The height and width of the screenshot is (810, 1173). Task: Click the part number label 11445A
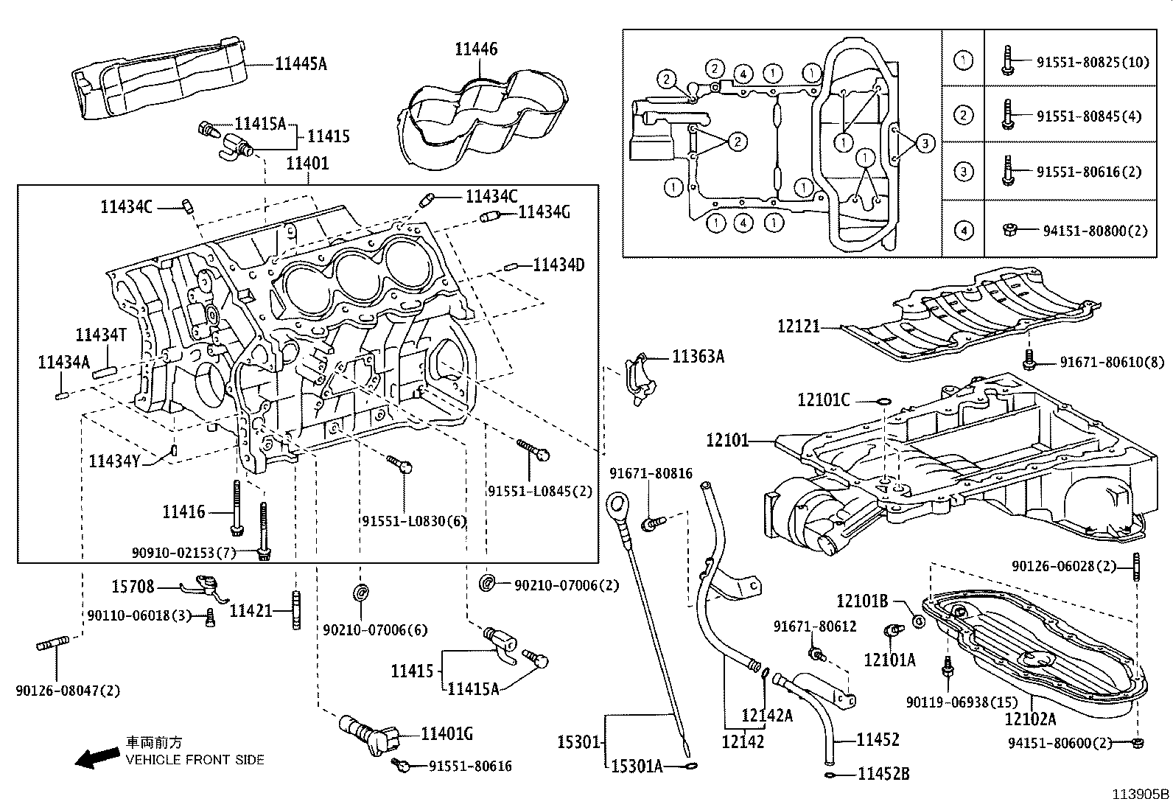point(301,64)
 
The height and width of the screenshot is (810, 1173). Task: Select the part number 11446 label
point(476,49)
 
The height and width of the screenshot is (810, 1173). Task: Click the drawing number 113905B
point(1141,794)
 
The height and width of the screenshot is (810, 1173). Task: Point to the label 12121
point(799,326)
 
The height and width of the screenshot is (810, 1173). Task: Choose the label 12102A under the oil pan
point(1030,719)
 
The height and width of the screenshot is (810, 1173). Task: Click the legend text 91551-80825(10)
point(1093,62)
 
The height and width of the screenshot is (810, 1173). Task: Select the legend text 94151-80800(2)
point(1095,231)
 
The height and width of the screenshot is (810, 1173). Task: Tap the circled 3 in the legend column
point(963,172)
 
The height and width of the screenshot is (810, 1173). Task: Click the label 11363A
point(698,357)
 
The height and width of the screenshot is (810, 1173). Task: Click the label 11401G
point(447,734)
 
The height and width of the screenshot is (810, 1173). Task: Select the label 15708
point(133,587)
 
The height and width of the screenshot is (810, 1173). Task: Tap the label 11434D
point(559,265)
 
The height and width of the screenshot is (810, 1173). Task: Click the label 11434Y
point(113,461)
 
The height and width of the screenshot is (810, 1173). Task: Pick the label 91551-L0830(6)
point(414,521)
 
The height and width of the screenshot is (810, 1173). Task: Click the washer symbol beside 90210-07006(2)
point(487,583)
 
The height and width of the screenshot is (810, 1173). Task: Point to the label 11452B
point(883,774)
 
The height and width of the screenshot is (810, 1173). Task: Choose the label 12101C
point(823,400)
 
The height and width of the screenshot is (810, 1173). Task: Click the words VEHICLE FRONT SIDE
point(195,760)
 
